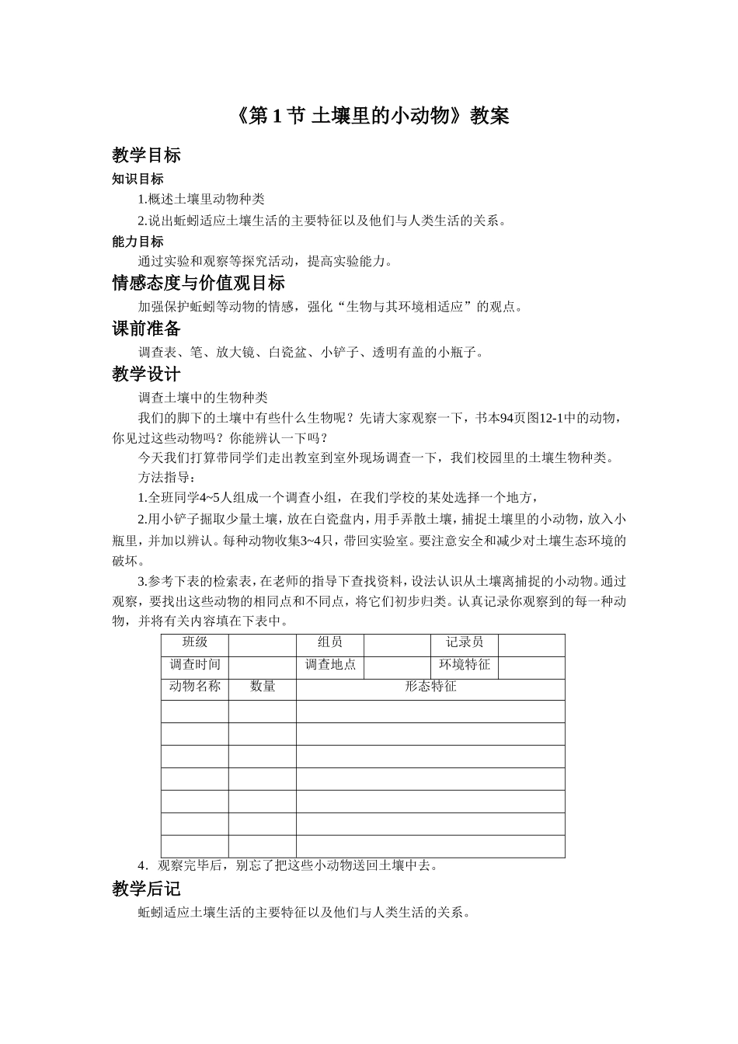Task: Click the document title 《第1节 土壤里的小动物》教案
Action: pos(372,117)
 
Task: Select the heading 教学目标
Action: pos(146,155)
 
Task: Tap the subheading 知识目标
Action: pos(138,179)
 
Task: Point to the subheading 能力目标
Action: pos(138,242)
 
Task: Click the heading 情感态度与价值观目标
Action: pos(198,284)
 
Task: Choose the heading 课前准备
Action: pos(146,329)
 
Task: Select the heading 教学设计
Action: pos(146,374)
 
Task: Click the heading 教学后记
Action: pos(146,889)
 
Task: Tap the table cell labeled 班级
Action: pos(195,642)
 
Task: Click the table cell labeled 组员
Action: pos(330,642)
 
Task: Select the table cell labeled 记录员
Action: pos(465,642)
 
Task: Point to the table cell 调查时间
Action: pos(195,665)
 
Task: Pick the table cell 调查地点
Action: pos(330,665)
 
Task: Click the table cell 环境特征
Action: pos(465,665)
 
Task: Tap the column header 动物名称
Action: pos(195,687)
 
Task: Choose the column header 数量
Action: pos(263,687)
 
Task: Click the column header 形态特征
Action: pos(430,687)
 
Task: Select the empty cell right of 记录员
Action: pos(531,645)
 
